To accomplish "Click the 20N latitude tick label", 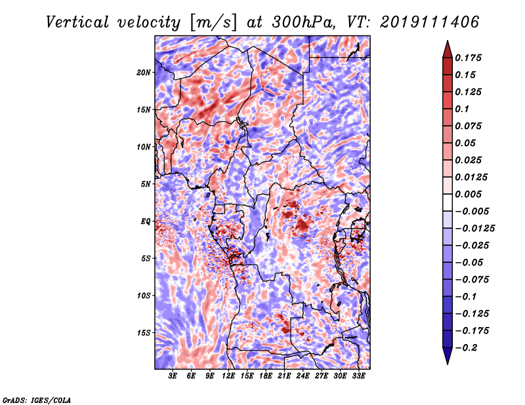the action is [144, 73].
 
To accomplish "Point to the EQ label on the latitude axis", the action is [145, 222].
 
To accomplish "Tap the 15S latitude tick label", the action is [144, 333].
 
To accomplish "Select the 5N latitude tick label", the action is [146, 184].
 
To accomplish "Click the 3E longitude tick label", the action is [173, 376].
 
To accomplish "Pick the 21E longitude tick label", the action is [284, 376].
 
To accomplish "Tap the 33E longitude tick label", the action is [358, 376].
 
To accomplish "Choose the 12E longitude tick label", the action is [228, 376].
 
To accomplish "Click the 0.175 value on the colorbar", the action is [468, 58].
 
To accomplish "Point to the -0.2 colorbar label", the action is [466, 348].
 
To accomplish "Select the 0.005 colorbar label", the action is [468, 194].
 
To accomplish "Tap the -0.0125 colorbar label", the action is [474, 229].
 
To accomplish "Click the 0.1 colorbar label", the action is [462, 109].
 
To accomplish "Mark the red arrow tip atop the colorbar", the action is [448, 41].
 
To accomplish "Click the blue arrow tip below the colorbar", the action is [448, 364].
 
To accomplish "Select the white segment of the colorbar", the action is [448, 202].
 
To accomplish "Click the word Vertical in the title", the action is [77, 22].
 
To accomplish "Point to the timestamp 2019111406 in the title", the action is [430, 22].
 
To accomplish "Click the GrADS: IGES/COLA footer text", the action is [36, 400].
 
